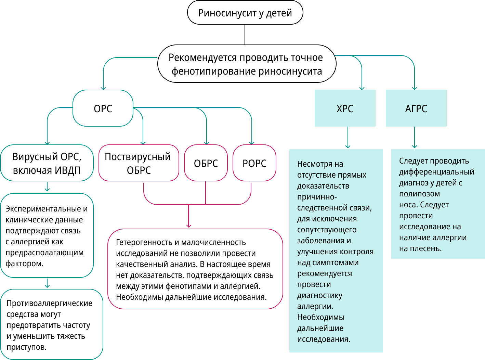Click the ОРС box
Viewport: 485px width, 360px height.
[x=103, y=108]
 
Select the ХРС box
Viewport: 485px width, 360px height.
[x=345, y=108]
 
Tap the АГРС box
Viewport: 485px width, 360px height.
[x=416, y=108]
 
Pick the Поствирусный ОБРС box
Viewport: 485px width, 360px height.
[x=139, y=163]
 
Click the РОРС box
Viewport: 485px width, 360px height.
[x=254, y=163]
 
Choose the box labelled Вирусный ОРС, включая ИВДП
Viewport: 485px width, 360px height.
[x=47, y=163]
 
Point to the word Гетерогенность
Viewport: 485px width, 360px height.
[x=144, y=242]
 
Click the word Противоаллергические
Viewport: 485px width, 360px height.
[x=50, y=303]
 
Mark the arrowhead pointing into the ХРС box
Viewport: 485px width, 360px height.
[x=362, y=88]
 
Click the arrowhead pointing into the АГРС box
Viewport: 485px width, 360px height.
[x=415, y=88]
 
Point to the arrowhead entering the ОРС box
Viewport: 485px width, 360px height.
[x=103, y=88]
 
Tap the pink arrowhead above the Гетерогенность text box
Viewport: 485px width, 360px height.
[x=189, y=226]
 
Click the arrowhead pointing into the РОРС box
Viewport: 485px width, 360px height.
[x=252, y=143]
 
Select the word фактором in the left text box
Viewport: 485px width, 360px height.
[x=24, y=263]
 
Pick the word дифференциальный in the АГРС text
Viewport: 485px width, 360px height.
[x=436, y=172]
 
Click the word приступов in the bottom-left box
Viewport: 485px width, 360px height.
[x=26, y=347]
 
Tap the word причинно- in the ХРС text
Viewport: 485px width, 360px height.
[x=317, y=197]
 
